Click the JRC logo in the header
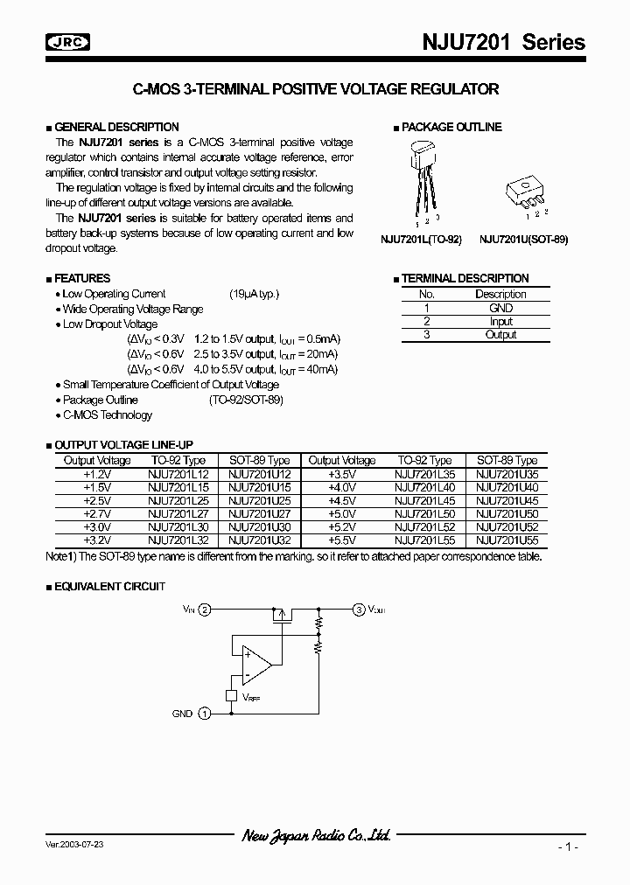tap(71, 43)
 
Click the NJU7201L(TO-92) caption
tap(421, 239)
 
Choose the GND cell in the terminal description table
tap(500, 308)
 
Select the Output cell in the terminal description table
tap(500, 334)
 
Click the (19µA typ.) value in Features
tap(255, 294)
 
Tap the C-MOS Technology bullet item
tap(107, 415)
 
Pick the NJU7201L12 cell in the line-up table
tap(178, 473)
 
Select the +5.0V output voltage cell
tap(341, 515)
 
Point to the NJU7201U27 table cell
tap(259, 515)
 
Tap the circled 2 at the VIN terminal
tap(205, 609)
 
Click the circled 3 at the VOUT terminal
tap(359, 609)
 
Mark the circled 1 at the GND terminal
tap(205, 714)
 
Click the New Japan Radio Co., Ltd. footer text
tap(316, 836)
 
